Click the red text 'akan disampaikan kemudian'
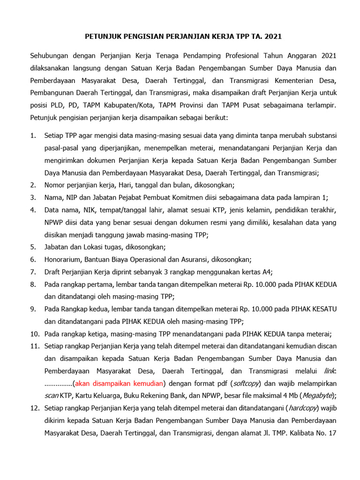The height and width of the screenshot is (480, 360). point(120,383)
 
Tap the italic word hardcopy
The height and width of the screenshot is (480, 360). point(303,408)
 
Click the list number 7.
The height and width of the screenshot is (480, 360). point(33,272)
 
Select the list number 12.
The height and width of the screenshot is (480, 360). point(34,408)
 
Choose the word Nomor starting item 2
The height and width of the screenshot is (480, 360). point(55,185)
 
